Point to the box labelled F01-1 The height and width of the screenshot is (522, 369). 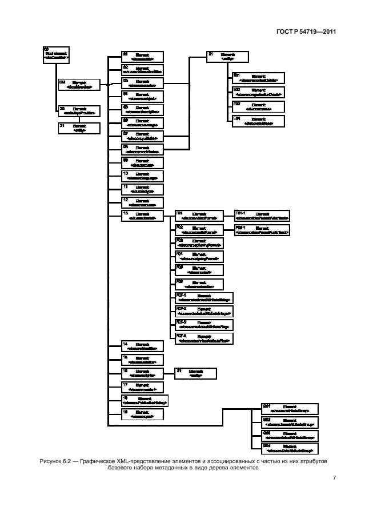pos(262,216)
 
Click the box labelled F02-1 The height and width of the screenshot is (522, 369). pos(262,230)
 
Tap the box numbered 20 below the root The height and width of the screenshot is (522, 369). pos(78,111)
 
